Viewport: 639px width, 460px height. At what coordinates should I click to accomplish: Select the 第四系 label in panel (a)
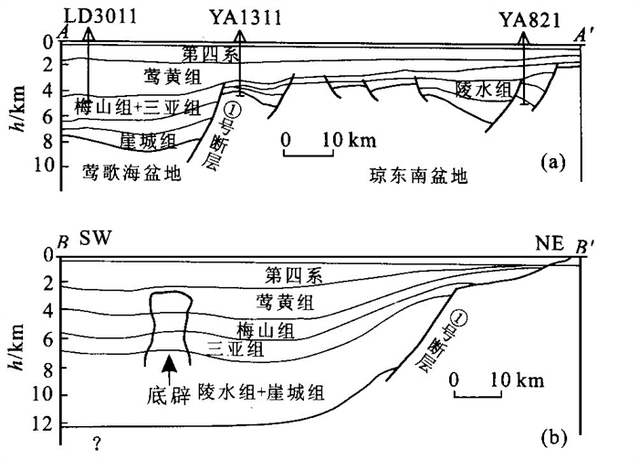click(x=204, y=52)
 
